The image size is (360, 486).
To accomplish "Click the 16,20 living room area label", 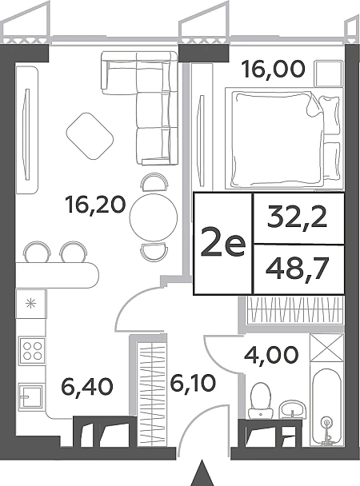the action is click(x=95, y=205).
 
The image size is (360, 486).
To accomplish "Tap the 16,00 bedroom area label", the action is click(x=274, y=69).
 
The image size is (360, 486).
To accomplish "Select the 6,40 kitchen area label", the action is click(x=87, y=387).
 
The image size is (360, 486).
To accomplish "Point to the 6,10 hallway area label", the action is click(x=193, y=384).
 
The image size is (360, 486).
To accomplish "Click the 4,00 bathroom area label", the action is click(x=272, y=355).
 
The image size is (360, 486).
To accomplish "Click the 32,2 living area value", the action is click(x=298, y=217).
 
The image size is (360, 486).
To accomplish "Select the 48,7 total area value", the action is click(x=298, y=269).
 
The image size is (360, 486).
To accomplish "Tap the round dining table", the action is click(x=154, y=217).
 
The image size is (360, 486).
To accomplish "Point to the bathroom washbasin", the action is click(x=292, y=410).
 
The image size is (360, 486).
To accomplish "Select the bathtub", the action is click(x=327, y=407).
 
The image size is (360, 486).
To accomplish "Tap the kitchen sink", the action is click(x=31, y=396).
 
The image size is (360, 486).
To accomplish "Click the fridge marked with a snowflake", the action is click(x=31, y=304).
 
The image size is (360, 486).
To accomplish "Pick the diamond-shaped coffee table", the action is click(x=90, y=137).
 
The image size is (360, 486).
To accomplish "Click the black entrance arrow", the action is click(x=202, y=473).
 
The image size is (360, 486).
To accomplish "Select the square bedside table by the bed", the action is click(x=328, y=74).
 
